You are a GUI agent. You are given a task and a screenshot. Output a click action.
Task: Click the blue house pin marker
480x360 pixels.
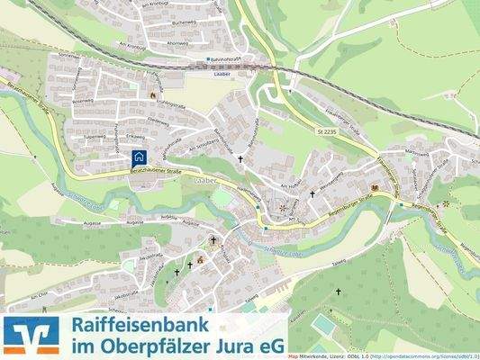pyautogui.click(x=139, y=156)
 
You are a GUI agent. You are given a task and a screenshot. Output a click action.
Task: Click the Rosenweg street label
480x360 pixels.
pyautogui.click(x=83, y=101)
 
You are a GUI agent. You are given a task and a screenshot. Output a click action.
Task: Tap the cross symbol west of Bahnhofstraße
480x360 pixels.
pyautogui.click(x=240, y=159)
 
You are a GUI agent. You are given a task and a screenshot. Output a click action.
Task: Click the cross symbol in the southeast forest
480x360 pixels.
pyautogui.click(x=340, y=293)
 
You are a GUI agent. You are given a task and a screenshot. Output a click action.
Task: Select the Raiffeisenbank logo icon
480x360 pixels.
pyautogui.click(x=32, y=334)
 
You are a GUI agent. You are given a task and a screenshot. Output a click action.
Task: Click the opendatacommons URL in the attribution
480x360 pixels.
pyautogui.click(x=423, y=356)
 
